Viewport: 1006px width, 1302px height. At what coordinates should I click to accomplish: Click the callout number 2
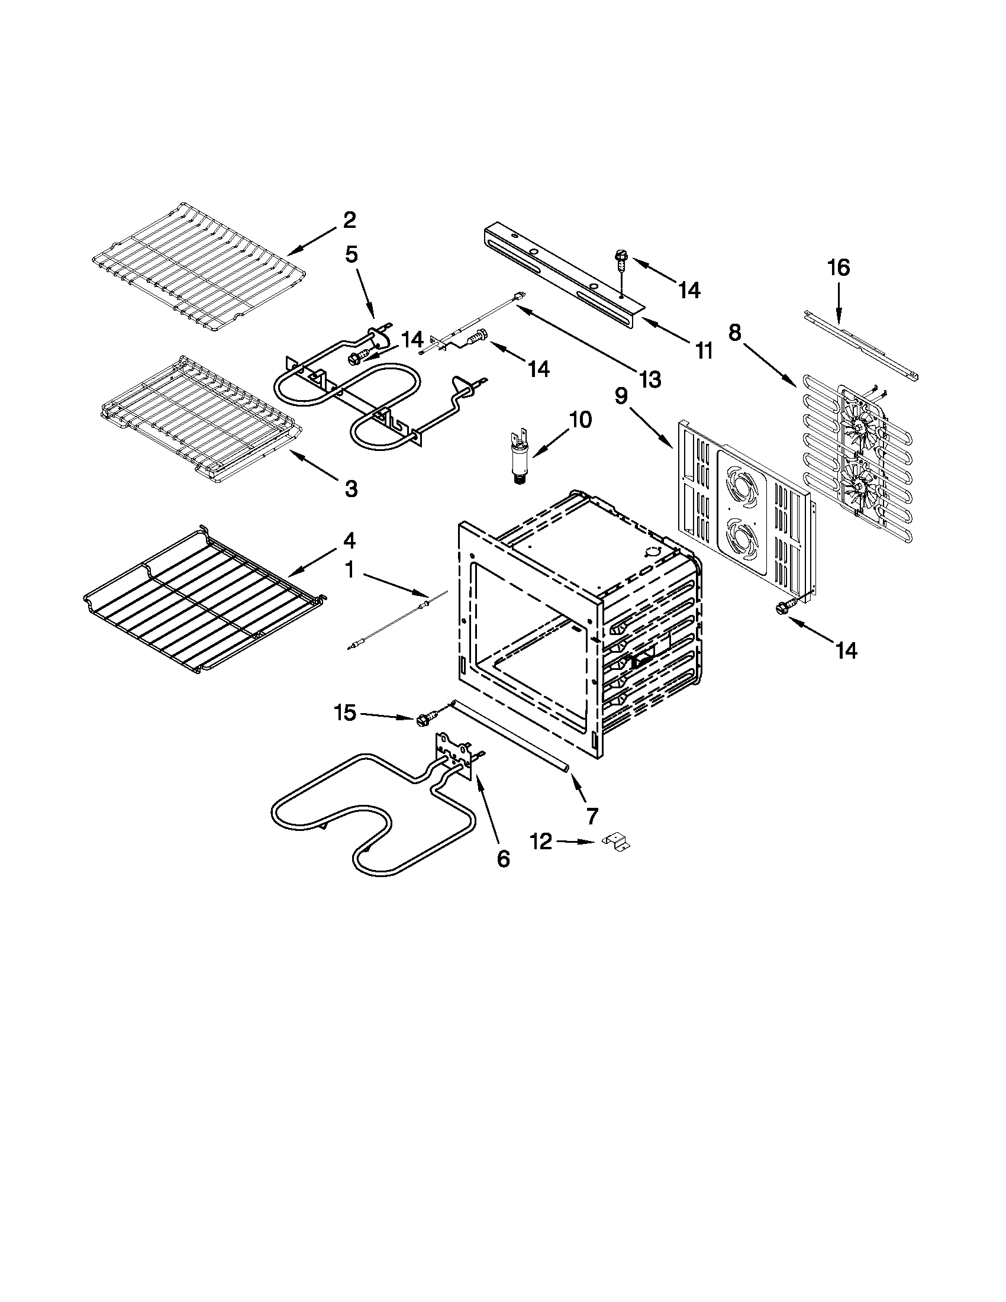pyautogui.click(x=349, y=220)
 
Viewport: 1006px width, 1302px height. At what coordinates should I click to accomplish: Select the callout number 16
pyautogui.click(x=838, y=268)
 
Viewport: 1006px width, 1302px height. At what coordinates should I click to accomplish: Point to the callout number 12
pyautogui.click(x=541, y=842)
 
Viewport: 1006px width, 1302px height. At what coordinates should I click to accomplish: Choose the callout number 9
pyautogui.click(x=621, y=397)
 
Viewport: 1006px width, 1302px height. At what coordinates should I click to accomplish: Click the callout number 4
pyautogui.click(x=349, y=541)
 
